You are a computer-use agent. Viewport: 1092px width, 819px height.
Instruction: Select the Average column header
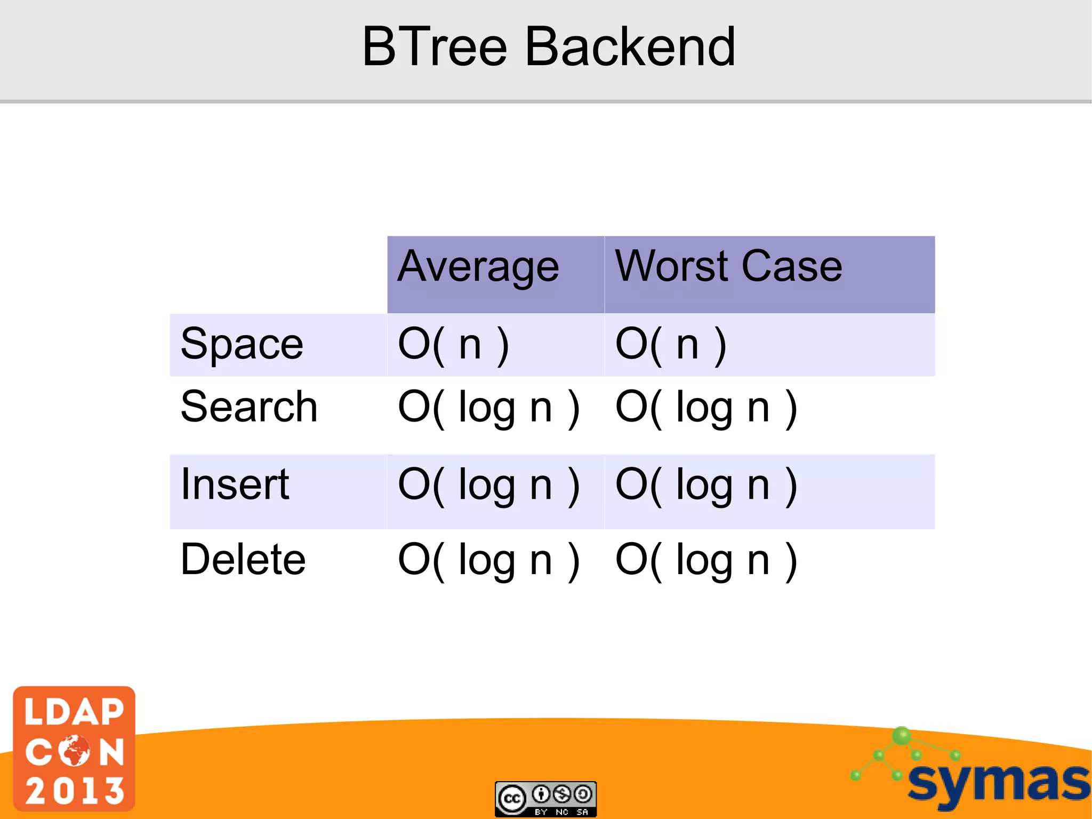pos(478,266)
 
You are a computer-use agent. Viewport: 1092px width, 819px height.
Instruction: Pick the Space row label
pos(242,344)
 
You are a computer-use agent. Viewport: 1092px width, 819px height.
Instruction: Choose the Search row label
pos(249,407)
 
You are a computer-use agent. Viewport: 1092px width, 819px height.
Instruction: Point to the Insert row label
pos(235,484)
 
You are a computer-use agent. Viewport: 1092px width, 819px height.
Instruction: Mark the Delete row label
pos(243,559)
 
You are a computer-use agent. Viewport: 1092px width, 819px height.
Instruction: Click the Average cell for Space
pos(454,345)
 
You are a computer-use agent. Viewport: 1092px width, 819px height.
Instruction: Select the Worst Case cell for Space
pos(671,345)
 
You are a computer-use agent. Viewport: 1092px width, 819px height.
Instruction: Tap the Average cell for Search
pos(488,408)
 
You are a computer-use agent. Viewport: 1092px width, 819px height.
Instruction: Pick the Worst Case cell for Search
pos(706,408)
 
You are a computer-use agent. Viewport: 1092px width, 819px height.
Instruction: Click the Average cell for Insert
pos(488,486)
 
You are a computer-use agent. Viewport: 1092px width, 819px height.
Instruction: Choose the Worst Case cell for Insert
pos(706,486)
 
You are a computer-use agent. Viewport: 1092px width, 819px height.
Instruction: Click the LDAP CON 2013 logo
pos(74,749)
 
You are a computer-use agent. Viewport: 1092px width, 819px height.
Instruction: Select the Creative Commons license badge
pos(545,799)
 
